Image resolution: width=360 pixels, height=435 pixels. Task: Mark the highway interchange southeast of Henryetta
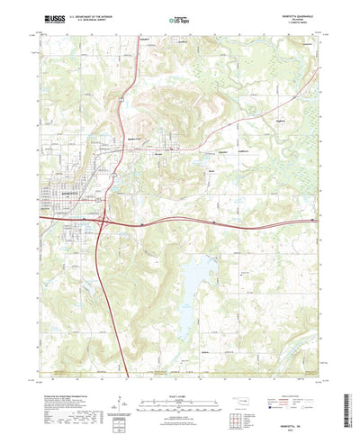103,219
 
